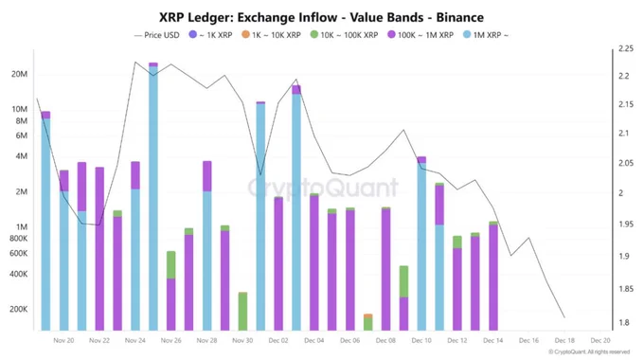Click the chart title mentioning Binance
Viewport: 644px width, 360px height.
coord(321,17)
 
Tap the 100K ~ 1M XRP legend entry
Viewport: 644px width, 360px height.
coord(420,35)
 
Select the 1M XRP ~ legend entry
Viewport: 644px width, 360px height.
coord(484,35)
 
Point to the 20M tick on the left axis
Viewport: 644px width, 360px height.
coord(19,75)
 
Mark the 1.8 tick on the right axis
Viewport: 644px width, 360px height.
coord(622,323)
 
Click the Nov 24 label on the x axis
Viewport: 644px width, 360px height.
coord(135,341)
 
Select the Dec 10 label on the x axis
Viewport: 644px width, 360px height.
coord(421,341)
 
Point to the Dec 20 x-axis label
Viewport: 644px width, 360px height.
coord(599,341)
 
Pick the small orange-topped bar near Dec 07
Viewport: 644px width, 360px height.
coord(368,322)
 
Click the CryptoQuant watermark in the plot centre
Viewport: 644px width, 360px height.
coord(323,188)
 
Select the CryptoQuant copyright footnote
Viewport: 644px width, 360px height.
coord(589,352)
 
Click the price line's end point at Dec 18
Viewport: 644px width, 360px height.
coord(564,317)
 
